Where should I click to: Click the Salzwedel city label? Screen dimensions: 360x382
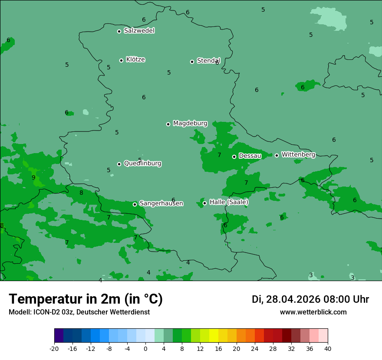tap(139, 31)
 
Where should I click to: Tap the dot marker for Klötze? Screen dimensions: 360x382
tap(121, 60)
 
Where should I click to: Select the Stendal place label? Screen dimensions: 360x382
tap(208, 61)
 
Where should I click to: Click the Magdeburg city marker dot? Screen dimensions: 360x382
tap(168, 124)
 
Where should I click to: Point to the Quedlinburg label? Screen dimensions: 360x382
tap(142, 164)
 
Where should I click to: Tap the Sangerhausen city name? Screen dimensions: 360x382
tap(161, 203)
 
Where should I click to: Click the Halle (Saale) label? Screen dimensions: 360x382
tap(229, 202)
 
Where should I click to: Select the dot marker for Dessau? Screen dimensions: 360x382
tap(234, 157)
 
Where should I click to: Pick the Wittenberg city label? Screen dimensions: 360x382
tap(298, 154)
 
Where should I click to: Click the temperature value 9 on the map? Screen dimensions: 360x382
tap(33, 177)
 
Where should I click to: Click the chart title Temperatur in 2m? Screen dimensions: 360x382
tap(86, 299)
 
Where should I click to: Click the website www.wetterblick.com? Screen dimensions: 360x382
tap(313, 312)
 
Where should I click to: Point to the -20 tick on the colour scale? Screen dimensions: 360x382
tap(54, 348)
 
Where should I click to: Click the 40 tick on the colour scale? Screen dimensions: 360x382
tap(327, 348)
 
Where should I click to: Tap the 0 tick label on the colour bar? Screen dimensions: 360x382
tap(145, 348)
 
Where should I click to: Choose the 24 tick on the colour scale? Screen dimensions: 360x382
tap(255, 348)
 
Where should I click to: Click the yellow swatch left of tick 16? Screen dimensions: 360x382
tap(214, 336)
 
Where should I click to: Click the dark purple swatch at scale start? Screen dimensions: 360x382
tap(59, 336)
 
